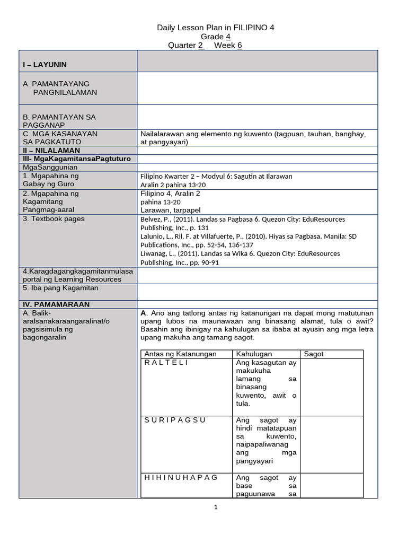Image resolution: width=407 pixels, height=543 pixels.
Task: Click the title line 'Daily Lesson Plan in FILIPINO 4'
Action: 216,28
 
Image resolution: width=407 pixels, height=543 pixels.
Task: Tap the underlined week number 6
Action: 240,46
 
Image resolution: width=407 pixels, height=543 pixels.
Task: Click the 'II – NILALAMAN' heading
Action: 51,151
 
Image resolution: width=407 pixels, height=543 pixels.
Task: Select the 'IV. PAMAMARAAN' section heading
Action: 56,304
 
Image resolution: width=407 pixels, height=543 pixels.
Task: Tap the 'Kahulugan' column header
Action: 254,354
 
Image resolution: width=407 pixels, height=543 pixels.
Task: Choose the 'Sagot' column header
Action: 314,354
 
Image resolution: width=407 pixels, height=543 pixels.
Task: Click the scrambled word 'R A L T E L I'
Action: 166,363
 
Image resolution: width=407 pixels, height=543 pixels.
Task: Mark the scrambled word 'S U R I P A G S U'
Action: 175,420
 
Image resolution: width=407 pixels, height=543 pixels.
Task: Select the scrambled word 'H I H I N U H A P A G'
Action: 181,477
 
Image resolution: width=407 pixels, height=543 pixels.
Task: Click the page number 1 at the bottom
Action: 216,507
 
